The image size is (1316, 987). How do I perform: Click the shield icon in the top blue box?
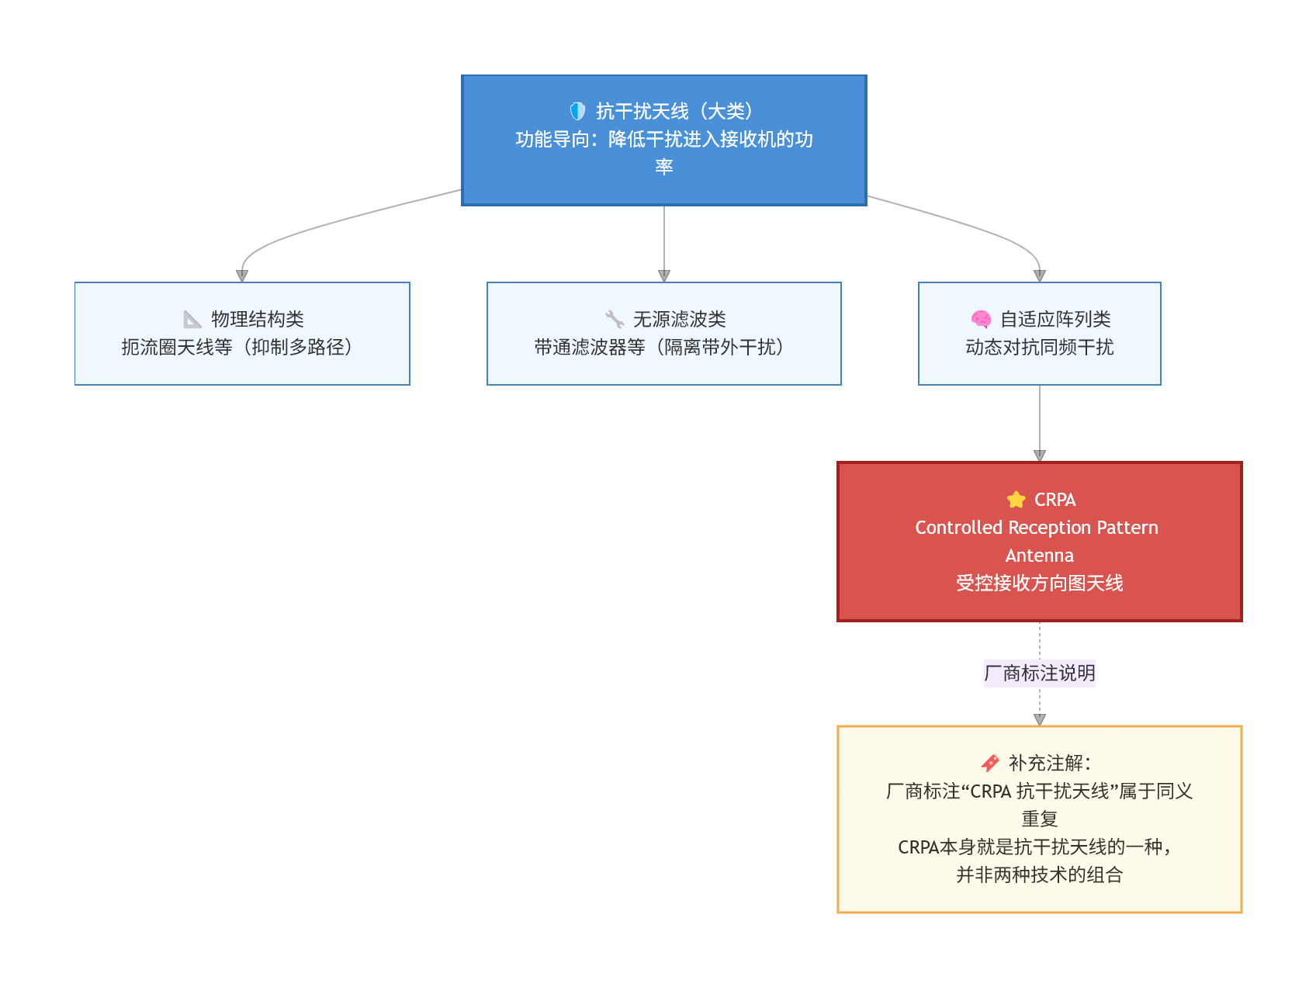(x=577, y=111)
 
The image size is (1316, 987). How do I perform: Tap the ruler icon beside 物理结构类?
(x=192, y=319)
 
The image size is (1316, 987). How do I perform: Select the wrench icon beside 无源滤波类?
(x=615, y=319)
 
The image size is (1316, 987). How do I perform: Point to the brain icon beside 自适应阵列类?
(x=981, y=319)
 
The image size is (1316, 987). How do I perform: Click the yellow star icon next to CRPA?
(x=1016, y=500)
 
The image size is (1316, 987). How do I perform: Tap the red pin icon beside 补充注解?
(x=990, y=763)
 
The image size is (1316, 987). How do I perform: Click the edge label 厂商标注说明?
(x=1040, y=673)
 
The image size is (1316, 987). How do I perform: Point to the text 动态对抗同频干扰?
(x=1040, y=347)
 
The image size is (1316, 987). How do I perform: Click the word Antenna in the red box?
(x=1040, y=556)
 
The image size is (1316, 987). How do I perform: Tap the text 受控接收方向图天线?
(x=1040, y=584)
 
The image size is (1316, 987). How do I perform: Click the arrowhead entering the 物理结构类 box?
(x=242, y=275)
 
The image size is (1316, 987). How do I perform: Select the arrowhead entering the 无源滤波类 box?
(x=664, y=275)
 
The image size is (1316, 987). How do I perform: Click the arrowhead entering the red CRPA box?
(x=1040, y=455)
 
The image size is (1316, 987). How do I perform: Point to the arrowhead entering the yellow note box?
(x=1040, y=719)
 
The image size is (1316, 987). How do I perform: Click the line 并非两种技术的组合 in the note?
(x=1040, y=875)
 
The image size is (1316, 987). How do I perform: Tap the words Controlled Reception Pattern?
(x=1037, y=528)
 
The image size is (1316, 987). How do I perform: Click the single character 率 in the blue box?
(x=664, y=167)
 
